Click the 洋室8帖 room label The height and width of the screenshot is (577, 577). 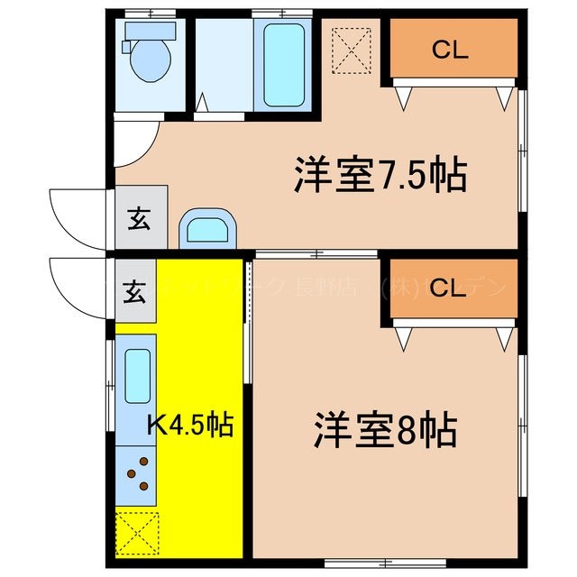coord(385,431)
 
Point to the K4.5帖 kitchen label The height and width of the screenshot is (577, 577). coord(191,424)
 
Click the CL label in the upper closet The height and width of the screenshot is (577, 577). coord(450,50)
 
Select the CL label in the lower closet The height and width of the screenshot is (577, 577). coord(450,288)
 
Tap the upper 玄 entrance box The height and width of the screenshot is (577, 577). coord(141,217)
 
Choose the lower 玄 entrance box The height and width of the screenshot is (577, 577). coord(136,291)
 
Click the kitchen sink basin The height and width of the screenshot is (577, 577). coord(137,375)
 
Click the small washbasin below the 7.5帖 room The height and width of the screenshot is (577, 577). coord(209,230)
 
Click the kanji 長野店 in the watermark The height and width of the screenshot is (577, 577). coord(342,288)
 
